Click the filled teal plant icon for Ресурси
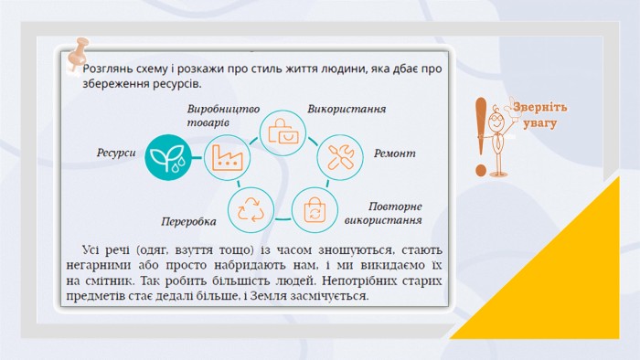[168, 157]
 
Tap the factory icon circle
[227, 158]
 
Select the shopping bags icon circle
[283, 132]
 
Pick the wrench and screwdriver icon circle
[340, 157]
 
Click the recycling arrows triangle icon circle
[251, 210]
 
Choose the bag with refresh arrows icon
[315, 210]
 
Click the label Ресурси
[116, 153]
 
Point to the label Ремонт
[395, 154]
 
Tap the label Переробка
[188, 222]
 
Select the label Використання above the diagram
[347, 110]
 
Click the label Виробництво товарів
[223, 115]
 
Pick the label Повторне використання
[383, 213]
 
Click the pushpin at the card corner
[78, 53]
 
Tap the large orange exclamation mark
[481, 136]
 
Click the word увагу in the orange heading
[540, 123]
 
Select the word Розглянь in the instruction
[103, 69]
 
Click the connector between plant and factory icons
[197, 157]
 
